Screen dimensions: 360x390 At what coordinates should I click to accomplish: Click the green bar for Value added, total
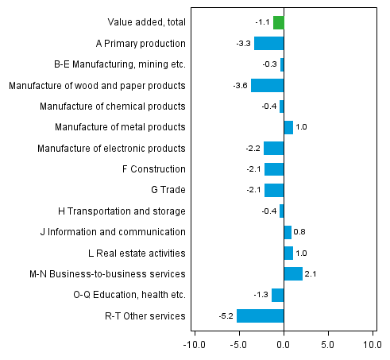tap(278, 22)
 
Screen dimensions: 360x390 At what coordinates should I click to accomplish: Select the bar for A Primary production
tap(268, 44)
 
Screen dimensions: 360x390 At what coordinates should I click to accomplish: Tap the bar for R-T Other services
tap(260, 316)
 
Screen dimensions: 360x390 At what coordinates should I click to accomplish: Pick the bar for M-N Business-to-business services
tap(293, 274)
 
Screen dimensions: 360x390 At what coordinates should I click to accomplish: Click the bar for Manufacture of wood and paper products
tap(267, 85)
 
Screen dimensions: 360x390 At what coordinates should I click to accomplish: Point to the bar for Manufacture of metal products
tap(288, 127)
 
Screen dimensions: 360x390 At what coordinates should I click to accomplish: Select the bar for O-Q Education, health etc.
tap(277, 296)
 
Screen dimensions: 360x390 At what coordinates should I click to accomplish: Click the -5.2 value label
tap(226, 316)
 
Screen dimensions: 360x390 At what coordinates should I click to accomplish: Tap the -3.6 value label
tap(239, 85)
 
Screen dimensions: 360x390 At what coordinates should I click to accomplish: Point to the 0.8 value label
tap(300, 232)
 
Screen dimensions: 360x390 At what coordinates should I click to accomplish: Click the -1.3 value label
tap(260, 296)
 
